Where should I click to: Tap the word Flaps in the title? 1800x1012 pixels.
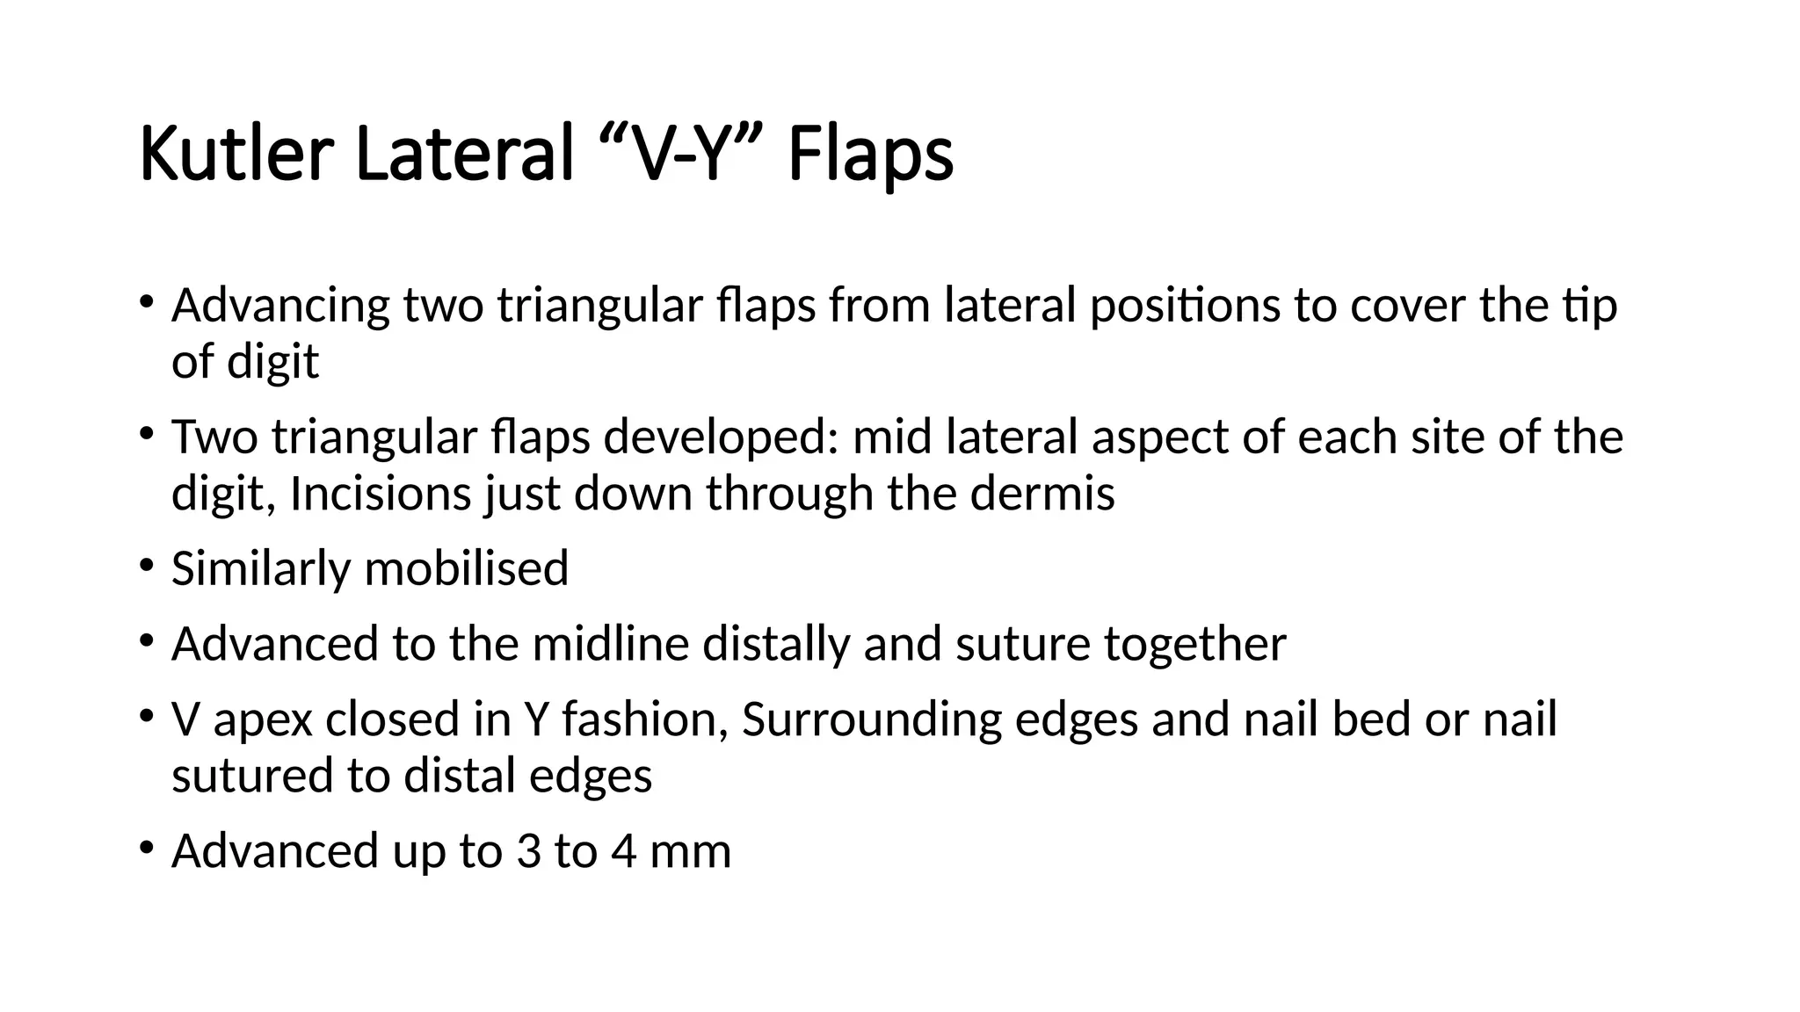[x=870, y=155]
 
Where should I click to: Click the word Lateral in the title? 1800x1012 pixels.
[x=465, y=155]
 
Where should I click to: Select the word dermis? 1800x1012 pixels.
[x=1042, y=494]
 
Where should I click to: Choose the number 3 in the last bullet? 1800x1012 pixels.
[x=528, y=851]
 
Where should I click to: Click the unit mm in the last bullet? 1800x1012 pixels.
[x=690, y=851]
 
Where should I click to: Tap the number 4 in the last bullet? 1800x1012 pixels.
[x=623, y=851]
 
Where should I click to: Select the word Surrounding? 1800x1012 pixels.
[x=872, y=719]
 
